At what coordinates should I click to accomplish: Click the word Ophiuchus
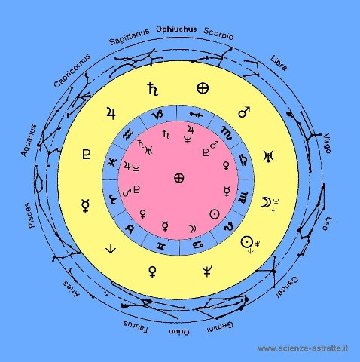(x=176, y=29)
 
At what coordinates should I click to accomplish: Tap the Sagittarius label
(x=130, y=37)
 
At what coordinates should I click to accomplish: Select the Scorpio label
(x=218, y=34)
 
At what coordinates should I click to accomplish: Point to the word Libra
(x=279, y=63)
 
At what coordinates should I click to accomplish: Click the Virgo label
(x=327, y=143)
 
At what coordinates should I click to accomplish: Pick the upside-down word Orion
(x=179, y=332)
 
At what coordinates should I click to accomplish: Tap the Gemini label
(x=220, y=327)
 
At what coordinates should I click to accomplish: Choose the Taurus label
(x=136, y=327)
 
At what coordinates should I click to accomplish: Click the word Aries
(x=72, y=289)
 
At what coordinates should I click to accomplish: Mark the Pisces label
(x=29, y=216)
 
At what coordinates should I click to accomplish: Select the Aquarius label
(x=29, y=140)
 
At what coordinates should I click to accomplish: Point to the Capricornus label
(x=72, y=71)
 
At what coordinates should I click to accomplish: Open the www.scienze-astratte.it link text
(x=303, y=348)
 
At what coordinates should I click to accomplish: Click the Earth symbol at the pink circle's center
(x=179, y=178)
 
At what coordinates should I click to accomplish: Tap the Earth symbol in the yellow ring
(x=203, y=88)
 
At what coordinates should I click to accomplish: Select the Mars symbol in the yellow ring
(x=244, y=112)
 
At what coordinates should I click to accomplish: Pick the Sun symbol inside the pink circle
(x=215, y=214)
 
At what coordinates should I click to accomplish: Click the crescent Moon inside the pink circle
(x=192, y=229)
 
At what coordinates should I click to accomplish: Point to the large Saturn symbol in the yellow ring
(x=153, y=89)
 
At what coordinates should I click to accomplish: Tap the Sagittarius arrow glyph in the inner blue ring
(x=196, y=115)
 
